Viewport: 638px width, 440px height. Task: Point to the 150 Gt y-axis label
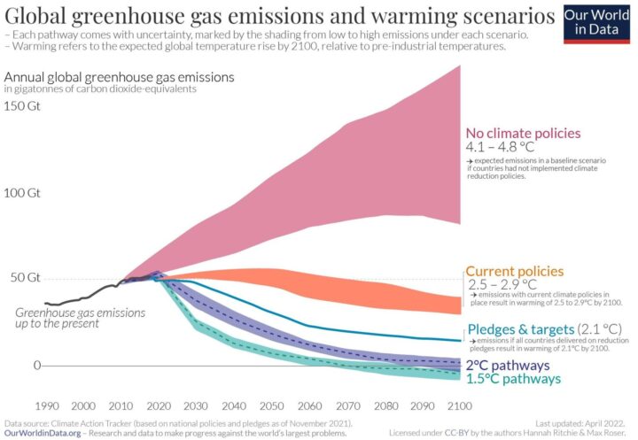(25, 106)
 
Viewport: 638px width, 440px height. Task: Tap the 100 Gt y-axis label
(25, 192)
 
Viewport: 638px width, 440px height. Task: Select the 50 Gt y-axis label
(25, 277)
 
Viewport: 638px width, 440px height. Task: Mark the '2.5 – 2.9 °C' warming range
(502, 284)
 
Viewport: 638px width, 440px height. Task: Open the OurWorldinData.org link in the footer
(45, 433)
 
